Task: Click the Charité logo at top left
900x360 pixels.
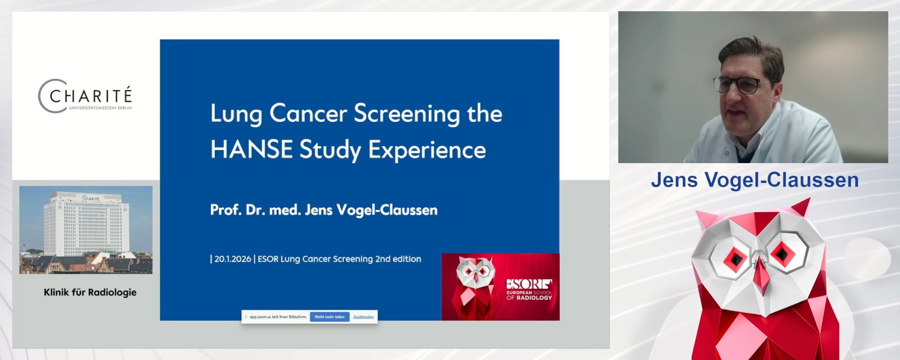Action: coord(85,96)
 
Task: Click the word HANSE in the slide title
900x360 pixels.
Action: coord(252,150)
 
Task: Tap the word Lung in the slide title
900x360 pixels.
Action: coord(236,114)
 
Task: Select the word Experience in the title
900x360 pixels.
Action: coord(427,150)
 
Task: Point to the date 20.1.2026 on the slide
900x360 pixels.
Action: coord(232,259)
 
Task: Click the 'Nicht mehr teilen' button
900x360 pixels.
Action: coord(330,317)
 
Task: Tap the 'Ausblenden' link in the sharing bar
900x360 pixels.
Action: coord(363,317)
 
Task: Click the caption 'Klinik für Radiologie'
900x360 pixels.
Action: coord(90,292)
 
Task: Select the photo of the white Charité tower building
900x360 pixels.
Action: coord(86,229)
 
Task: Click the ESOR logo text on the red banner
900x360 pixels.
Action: coord(529,284)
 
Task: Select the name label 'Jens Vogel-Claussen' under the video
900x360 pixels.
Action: coord(755,180)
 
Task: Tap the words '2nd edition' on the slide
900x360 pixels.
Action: coord(398,259)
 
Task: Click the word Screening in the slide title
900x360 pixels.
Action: coord(407,114)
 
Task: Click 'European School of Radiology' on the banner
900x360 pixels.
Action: coord(529,295)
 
